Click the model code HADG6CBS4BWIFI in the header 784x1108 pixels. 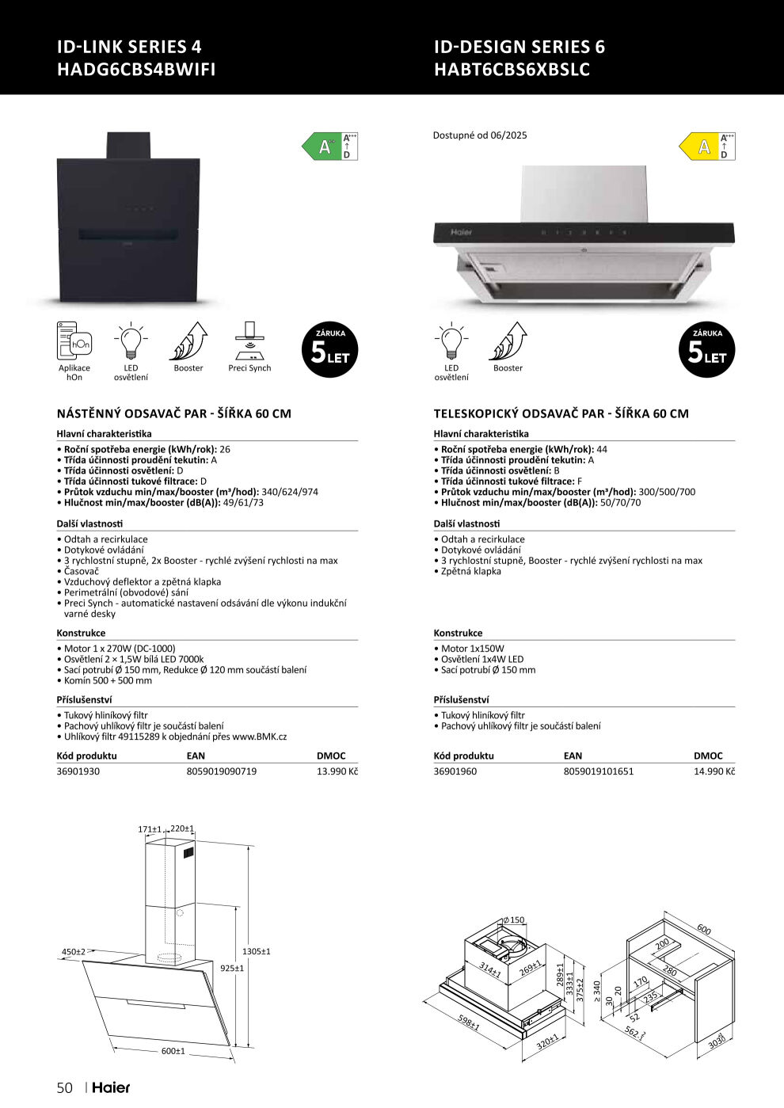coord(136,69)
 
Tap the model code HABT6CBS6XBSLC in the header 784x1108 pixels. coord(512,69)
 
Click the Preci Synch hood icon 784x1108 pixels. coord(249,341)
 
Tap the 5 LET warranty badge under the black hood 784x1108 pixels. coord(330,349)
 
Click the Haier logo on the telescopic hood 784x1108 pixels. coord(461,233)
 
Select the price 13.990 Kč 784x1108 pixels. coord(337,771)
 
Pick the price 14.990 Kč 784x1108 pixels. coord(714,771)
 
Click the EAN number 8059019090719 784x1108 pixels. coord(222,771)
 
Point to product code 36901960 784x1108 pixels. coord(455,771)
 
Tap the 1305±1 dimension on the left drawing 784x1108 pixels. coord(257,951)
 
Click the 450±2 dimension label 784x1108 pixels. coord(74,952)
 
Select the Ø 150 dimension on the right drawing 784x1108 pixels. coord(514,920)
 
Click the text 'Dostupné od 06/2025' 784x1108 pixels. coord(480,135)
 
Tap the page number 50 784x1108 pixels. coord(65,1087)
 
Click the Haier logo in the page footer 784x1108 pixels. coord(111,1087)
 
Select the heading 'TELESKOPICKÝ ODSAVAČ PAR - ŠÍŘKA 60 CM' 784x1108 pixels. coord(561,413)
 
